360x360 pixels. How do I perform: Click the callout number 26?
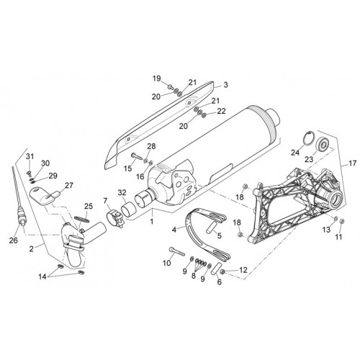[x=14, y=240]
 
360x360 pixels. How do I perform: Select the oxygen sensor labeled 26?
[x=19, y=204]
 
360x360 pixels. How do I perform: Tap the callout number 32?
[x=122, y=192]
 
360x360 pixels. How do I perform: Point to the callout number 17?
[x=353, y=163]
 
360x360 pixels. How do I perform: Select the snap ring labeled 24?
[x=308, y=138]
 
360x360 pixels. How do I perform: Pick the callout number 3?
[x=225, y=85]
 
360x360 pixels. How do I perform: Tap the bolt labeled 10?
[x=177, y=251]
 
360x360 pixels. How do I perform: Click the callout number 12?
[x=243, y=270]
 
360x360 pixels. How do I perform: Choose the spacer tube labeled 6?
[x=215, y=269]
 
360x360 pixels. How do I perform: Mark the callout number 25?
[x=89, y=206]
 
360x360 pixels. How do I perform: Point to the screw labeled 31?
[x=28, y=172]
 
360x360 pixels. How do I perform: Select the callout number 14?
[x=42, y=276]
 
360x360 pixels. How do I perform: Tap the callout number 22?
[x=221, y=111]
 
